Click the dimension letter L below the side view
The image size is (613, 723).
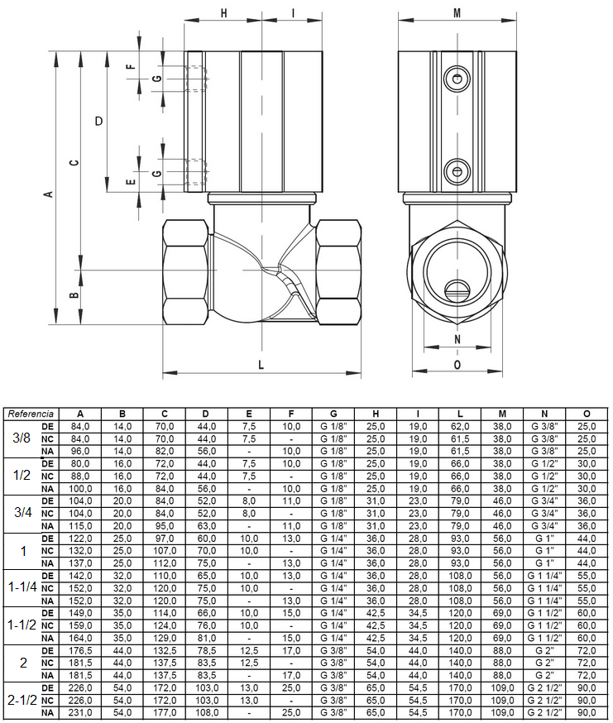[x=261, y=365]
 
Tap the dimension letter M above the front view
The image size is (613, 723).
[x=457, y=13]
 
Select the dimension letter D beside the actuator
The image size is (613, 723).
[x=98, y=122]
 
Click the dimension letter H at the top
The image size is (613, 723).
[x=223, y=13]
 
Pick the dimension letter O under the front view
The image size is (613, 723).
[x=457, y=365]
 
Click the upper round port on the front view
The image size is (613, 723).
[x=457, y=79]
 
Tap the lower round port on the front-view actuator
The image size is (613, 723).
[x=457, y=171]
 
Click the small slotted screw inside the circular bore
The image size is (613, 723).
[x=457, y=290]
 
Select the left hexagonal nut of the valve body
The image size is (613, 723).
[x=185, y=272]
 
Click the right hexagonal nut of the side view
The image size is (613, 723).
[x=338, y=272]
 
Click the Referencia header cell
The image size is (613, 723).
[x=31, y=414]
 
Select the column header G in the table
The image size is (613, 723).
[x=333, y=414]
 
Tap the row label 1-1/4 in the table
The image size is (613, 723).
[x=22, y=587]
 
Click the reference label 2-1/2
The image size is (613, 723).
[x=22, y=700]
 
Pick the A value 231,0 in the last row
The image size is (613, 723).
[x=80, y=712]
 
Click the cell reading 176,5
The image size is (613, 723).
[x=80, y=650]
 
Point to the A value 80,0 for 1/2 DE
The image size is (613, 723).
[x=80, y=463]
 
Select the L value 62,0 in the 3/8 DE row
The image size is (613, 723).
[x=460, y=427]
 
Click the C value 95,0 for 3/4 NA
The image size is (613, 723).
[x=165, y=525]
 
